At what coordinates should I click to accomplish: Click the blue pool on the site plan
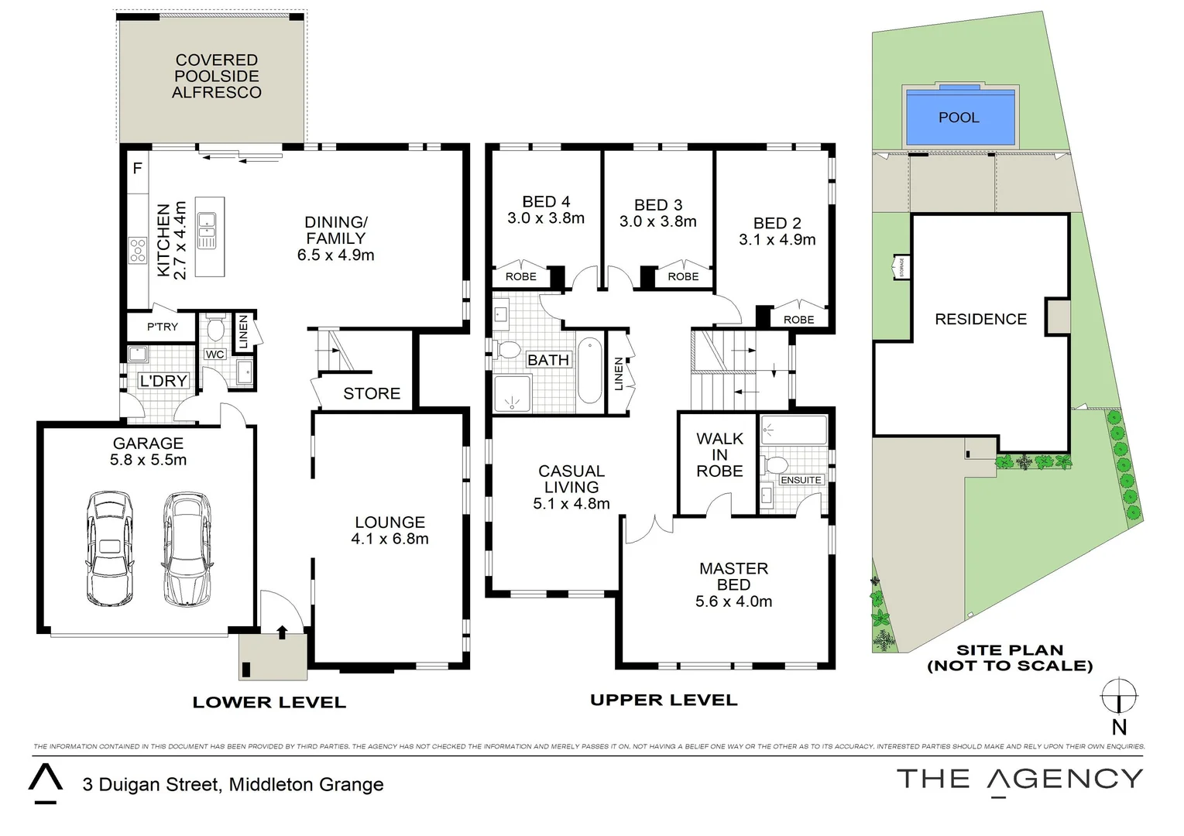click(x=959, y=118)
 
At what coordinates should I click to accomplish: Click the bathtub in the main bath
click(x=589, y=370)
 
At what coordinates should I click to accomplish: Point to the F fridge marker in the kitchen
click(x=137, y=168)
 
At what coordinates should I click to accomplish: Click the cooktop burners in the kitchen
click(x=138, y=250)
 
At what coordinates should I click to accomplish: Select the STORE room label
click(x=372, y=394)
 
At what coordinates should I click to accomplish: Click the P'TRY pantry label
click(x=162, y=327)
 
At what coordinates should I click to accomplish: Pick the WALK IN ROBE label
click(x=719, y=455)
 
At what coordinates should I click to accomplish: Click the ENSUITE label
click(x=801, y=480)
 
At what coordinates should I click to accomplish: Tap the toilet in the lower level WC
click(x=215, y=328)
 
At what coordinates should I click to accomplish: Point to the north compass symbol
click(x=1119, y=696)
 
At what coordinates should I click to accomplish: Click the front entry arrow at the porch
click(x=281, y=632)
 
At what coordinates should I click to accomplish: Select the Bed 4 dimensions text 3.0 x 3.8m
click(x=546, y=218)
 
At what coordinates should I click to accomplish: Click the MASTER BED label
click(x=733, y=577)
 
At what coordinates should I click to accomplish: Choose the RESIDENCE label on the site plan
click(x=980, y=320)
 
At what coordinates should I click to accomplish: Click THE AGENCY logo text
click(x=1019, y=779)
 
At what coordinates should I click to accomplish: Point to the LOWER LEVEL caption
click(x=269, y=703)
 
